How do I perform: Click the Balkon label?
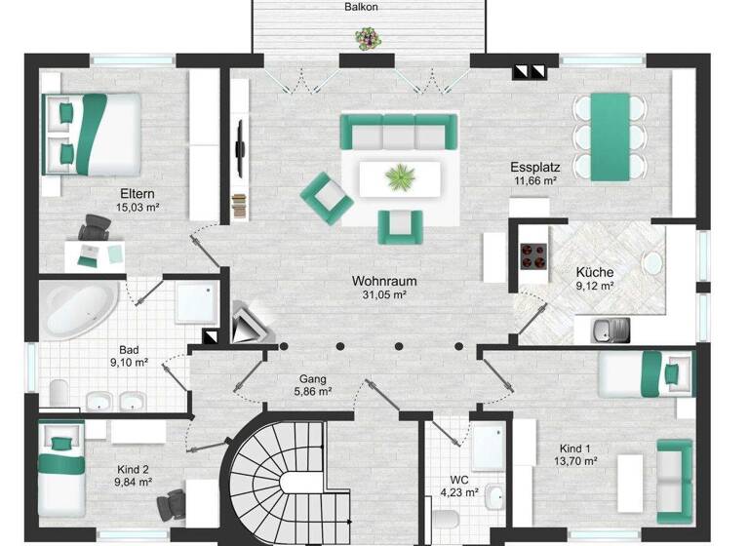361,7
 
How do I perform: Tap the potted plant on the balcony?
366,39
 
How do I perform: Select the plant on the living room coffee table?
399,177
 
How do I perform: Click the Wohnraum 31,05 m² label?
385,288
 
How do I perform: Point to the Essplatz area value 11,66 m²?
534,180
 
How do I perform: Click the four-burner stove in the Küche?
533,255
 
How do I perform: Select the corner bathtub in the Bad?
78,310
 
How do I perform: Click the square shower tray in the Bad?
195,302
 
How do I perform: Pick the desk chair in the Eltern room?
95,231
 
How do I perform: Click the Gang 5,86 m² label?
313,384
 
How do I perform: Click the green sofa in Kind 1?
674,474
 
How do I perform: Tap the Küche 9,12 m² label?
594,279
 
